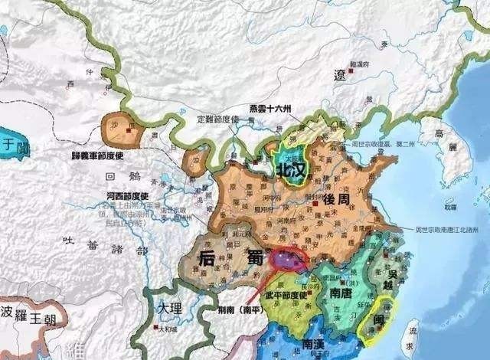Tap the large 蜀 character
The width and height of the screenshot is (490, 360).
tap(252, 259)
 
